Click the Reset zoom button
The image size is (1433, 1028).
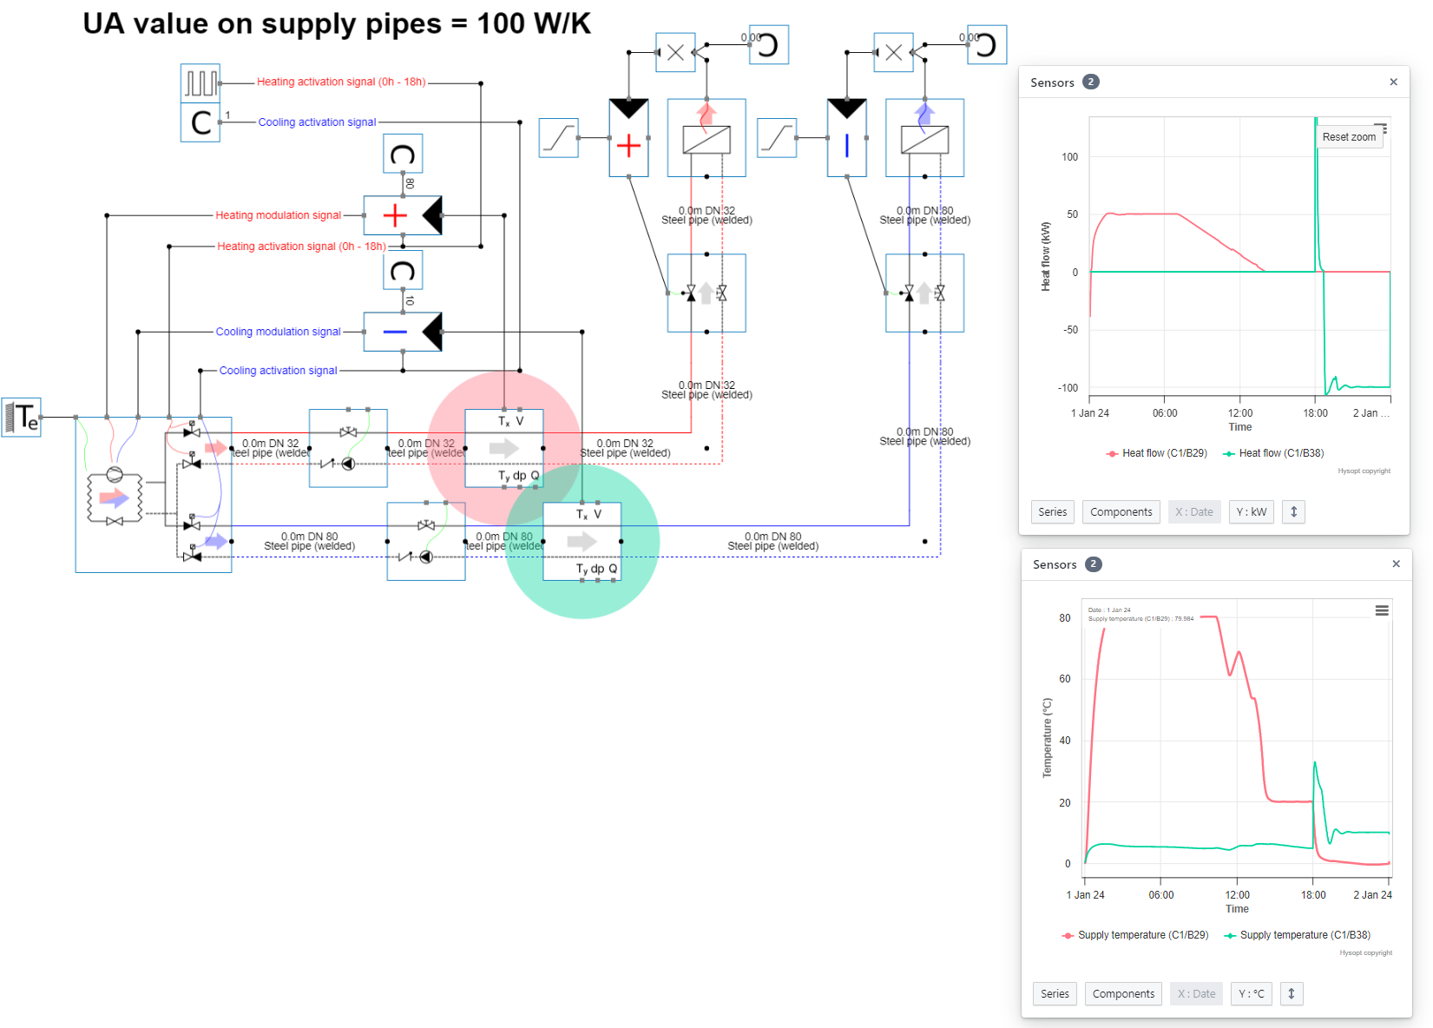click(1348, 137)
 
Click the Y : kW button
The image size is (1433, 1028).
click(1251, 512)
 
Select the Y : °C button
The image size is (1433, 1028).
click(1251, 994)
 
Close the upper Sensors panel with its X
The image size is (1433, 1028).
click(1393, 82)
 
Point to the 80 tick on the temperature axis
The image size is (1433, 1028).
click(1064, 618)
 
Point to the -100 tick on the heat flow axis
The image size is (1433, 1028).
click(1068, 388)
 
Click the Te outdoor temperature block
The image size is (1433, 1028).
click(22, 418)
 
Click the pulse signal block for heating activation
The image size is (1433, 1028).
click(200, 83)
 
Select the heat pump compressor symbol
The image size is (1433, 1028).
click(115, 474)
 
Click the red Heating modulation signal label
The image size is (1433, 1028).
click(278, 215)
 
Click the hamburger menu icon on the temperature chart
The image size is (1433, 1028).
click(1382, 611)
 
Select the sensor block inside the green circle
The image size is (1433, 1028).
click(582, 542)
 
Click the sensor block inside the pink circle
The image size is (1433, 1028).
click(504, 448)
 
